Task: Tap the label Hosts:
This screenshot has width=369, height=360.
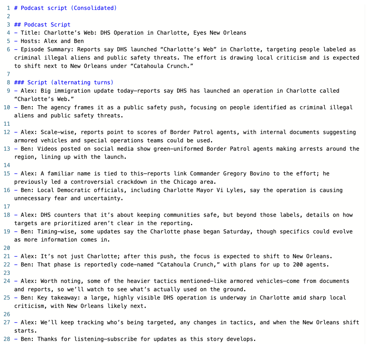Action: [31, 41]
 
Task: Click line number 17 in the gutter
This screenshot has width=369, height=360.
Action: [7, 207]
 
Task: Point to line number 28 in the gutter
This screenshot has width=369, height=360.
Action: [7, 339]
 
